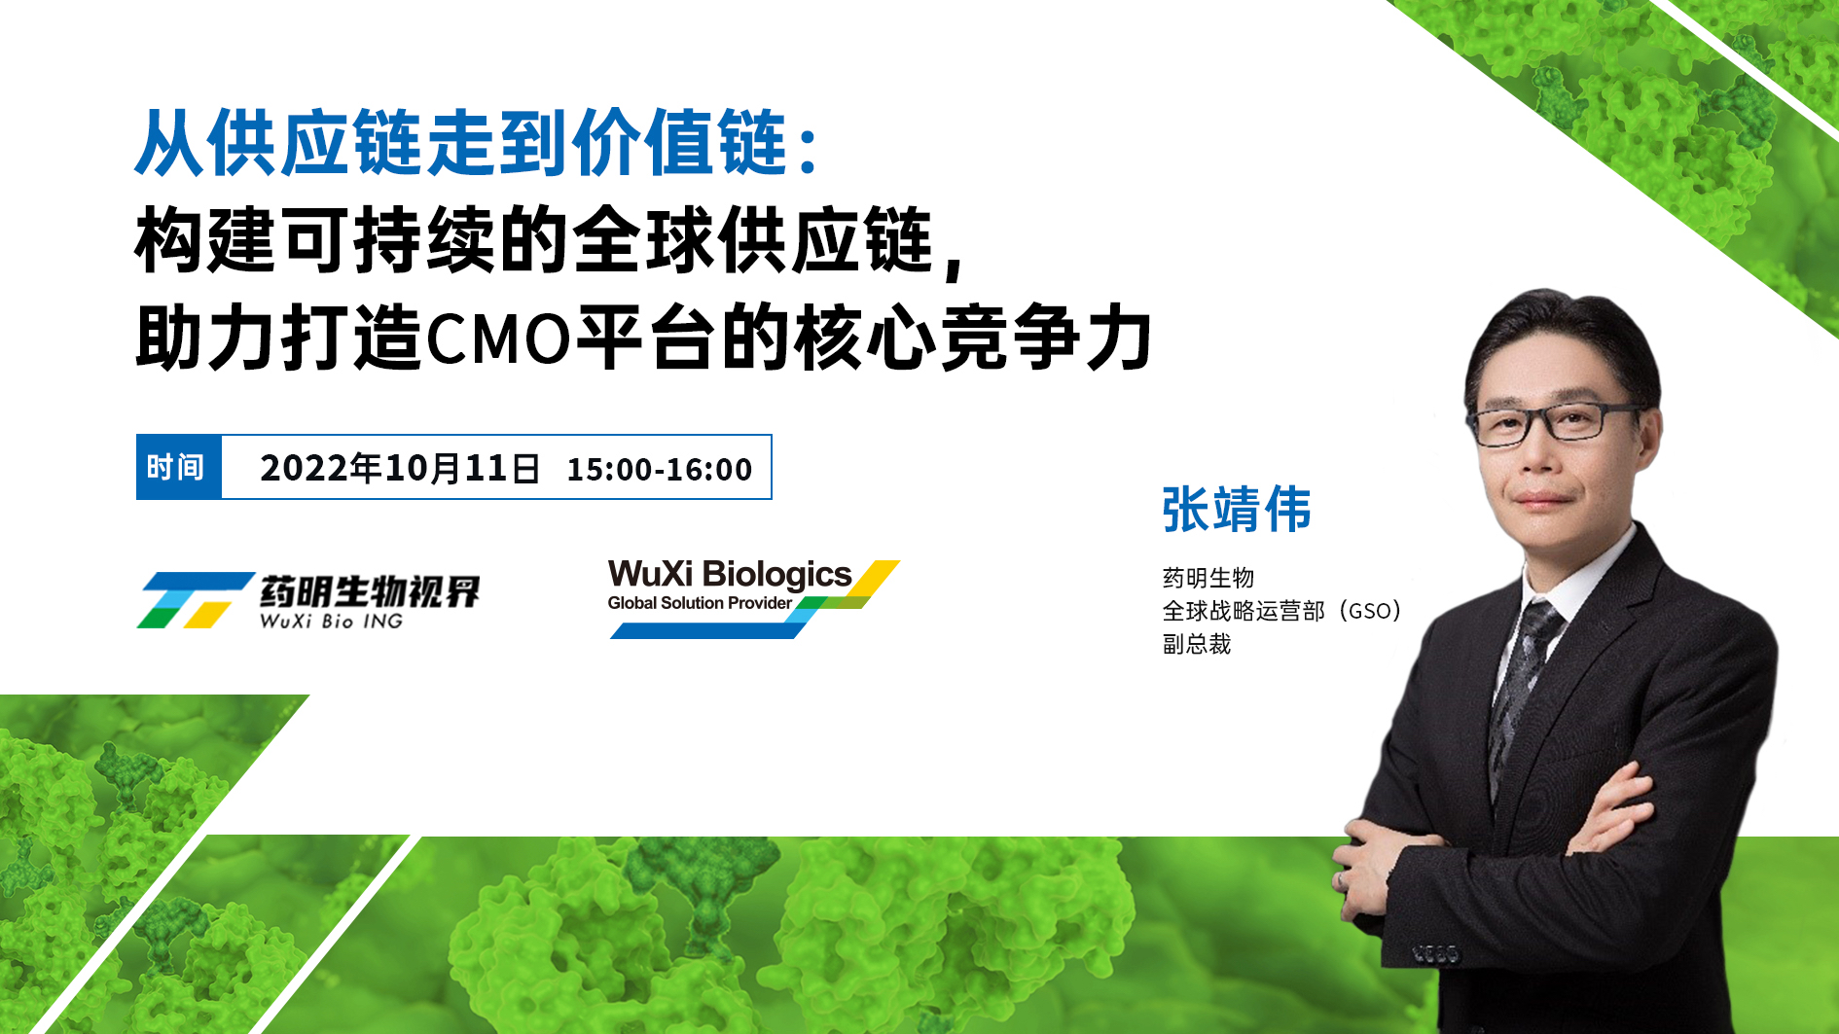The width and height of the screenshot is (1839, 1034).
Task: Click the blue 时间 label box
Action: pyautogui.click(x=179, y=467)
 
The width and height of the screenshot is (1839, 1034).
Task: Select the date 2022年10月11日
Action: pyautogui.click(x=400, y=468)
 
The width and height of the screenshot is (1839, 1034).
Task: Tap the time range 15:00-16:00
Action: pyautogui.click(x=660, y=470)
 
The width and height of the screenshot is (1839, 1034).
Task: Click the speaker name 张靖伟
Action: pyautogui.click(x=1237, y=510)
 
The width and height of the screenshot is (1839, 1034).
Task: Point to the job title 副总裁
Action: pyautogui.click(x=1197, y=644)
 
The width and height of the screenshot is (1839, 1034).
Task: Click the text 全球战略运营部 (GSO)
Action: pyautogui.click(x=1281, y=611)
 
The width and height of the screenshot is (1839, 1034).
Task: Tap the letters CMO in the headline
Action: pyautogui.click(x=498, y=339)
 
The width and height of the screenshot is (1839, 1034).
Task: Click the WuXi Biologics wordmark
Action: pyautogui.click(x=730, y=574)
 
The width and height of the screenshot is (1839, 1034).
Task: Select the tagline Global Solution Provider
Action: pyautogui.click(x=700, y=603)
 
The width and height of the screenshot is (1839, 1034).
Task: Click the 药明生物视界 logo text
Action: pyautogui.click(x=370, y=591)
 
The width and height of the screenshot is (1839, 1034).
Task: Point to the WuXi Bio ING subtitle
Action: pyautogui.click(x=331, y=622)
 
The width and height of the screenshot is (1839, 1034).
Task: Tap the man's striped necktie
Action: pyautogui.click(x=1523, y=681)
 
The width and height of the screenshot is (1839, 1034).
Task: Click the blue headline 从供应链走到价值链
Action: pyautogui.click(x=461, y=143)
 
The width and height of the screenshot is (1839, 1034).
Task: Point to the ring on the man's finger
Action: pyautogui.click(x=1342, y=880)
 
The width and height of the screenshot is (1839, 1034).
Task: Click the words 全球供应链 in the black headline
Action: pyautogui.click(x=754, y=241)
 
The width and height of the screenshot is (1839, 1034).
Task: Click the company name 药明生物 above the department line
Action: pyautogui.click(x=1208, y=578)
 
